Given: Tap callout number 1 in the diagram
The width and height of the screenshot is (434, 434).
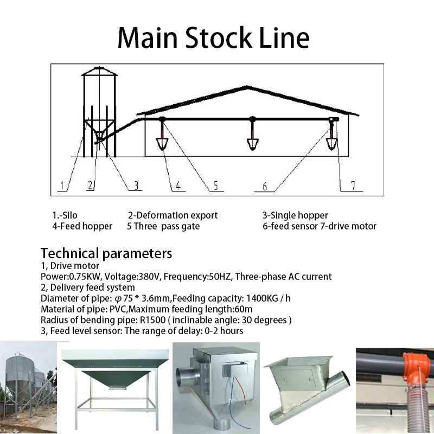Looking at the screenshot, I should point(62,186).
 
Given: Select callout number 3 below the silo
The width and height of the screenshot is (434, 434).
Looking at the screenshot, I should point(136,186).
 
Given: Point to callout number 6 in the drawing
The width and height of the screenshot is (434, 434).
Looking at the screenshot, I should point(264,187).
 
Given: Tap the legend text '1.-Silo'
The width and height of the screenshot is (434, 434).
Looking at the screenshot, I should point(65,215).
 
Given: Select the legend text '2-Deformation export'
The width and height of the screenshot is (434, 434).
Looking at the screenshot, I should point(173,215).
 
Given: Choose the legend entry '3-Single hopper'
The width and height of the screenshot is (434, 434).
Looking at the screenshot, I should point(295,215).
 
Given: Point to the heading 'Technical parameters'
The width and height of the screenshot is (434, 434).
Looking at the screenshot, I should point(106,253).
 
